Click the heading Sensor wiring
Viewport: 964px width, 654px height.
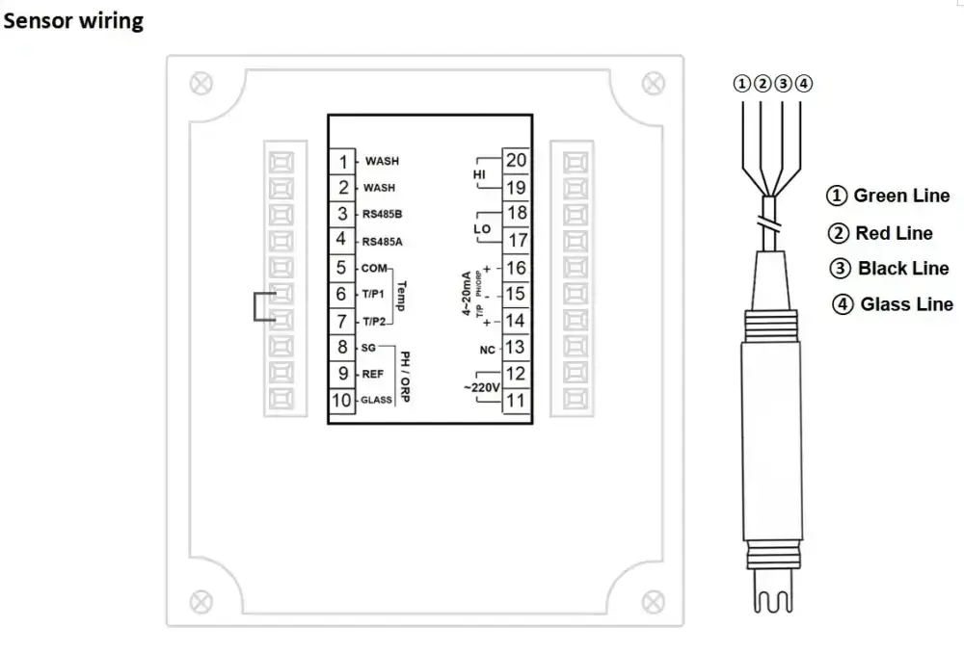(73, 21)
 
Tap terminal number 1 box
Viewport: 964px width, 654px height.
(342, 162)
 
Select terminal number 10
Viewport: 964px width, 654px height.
(342, 401)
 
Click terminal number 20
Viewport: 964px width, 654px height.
(516, 160)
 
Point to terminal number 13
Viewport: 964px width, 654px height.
(516, 347)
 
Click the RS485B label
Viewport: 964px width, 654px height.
(383, 215)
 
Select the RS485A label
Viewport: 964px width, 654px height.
(383, 242)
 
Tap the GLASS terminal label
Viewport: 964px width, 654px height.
(376, 400)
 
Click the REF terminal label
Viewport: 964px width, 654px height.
(372, 374)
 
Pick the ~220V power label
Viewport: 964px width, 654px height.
(481, 388)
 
